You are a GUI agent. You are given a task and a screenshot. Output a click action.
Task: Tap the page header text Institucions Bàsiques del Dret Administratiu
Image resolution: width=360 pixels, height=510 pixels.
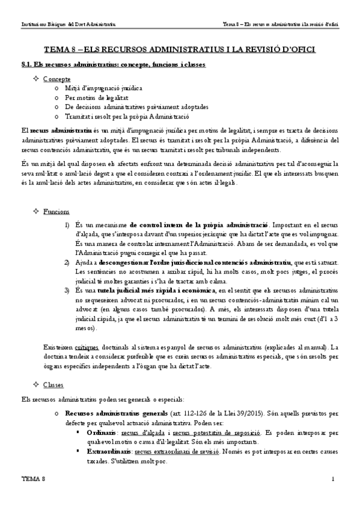point(69,23)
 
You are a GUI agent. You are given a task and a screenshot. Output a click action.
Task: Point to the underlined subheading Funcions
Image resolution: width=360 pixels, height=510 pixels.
point(56,212)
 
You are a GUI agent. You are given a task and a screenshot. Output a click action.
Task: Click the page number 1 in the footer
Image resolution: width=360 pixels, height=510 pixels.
point(332,494)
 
